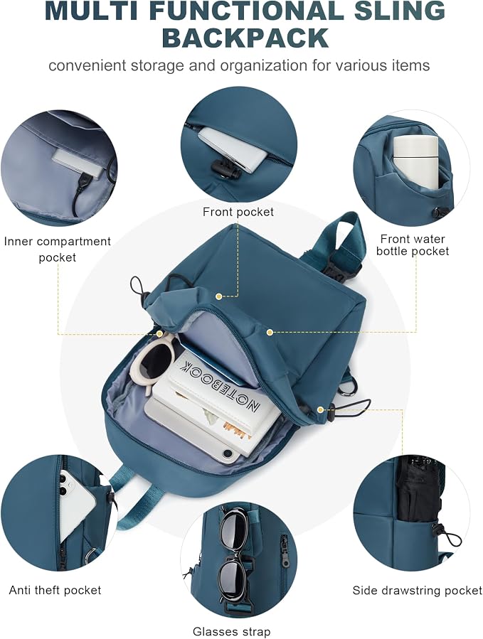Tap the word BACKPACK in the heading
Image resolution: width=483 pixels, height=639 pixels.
pyautogui.click(x=245, y=38)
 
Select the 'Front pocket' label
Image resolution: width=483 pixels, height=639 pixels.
pyautogui.click(x=238, y=212)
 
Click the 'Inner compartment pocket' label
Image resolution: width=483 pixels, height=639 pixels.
pyautogui.click(x=58, y=249)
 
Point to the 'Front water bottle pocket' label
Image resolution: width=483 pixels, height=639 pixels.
pyautogui.click(x=413, y=245)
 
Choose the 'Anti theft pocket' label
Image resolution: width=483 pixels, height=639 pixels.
pyautogui.click(x=55, y=590)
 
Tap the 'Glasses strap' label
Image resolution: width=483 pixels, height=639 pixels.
pyautogui.click(x=231, y=632)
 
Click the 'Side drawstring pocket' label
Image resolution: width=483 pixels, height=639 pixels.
pyautogui.click(x=418, y=590)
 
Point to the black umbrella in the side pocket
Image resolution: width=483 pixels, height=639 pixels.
pyautogui.click(x=415, y=489)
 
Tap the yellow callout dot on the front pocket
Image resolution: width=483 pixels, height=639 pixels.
pyautogui.click(x=219, y=296)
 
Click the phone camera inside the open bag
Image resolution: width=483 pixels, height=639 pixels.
pyautogui.click(x=228, y=453)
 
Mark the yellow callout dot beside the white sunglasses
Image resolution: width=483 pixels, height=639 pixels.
pyautogui.click(x=160, y=334)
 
